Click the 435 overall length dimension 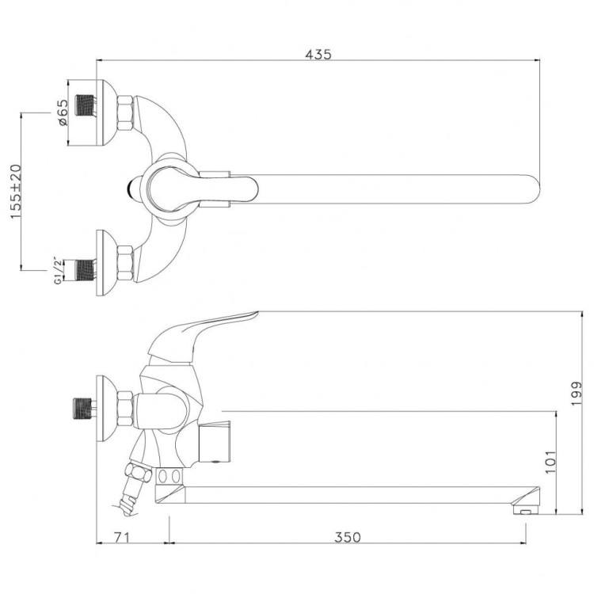coord(319,54)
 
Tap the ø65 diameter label coord(63,112)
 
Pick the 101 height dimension coord(553,459)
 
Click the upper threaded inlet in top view coord(83,107)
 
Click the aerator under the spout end coord(524,512)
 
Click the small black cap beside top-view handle coord(134,188)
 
